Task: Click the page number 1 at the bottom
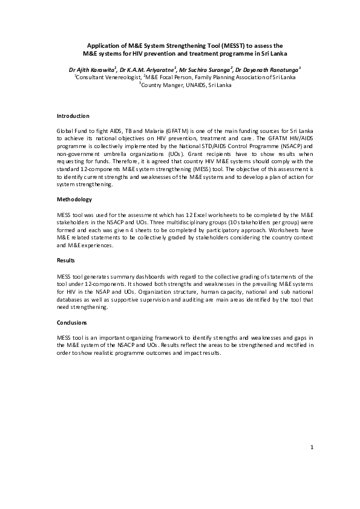312,464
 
